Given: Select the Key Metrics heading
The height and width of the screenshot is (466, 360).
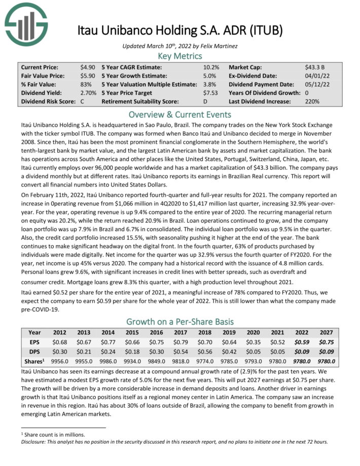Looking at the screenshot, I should tap(180, 55).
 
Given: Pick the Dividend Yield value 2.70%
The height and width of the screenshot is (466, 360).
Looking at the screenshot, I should tap(88, 93).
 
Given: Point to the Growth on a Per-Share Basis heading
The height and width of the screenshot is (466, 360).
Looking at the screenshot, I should tap(180, 321).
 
